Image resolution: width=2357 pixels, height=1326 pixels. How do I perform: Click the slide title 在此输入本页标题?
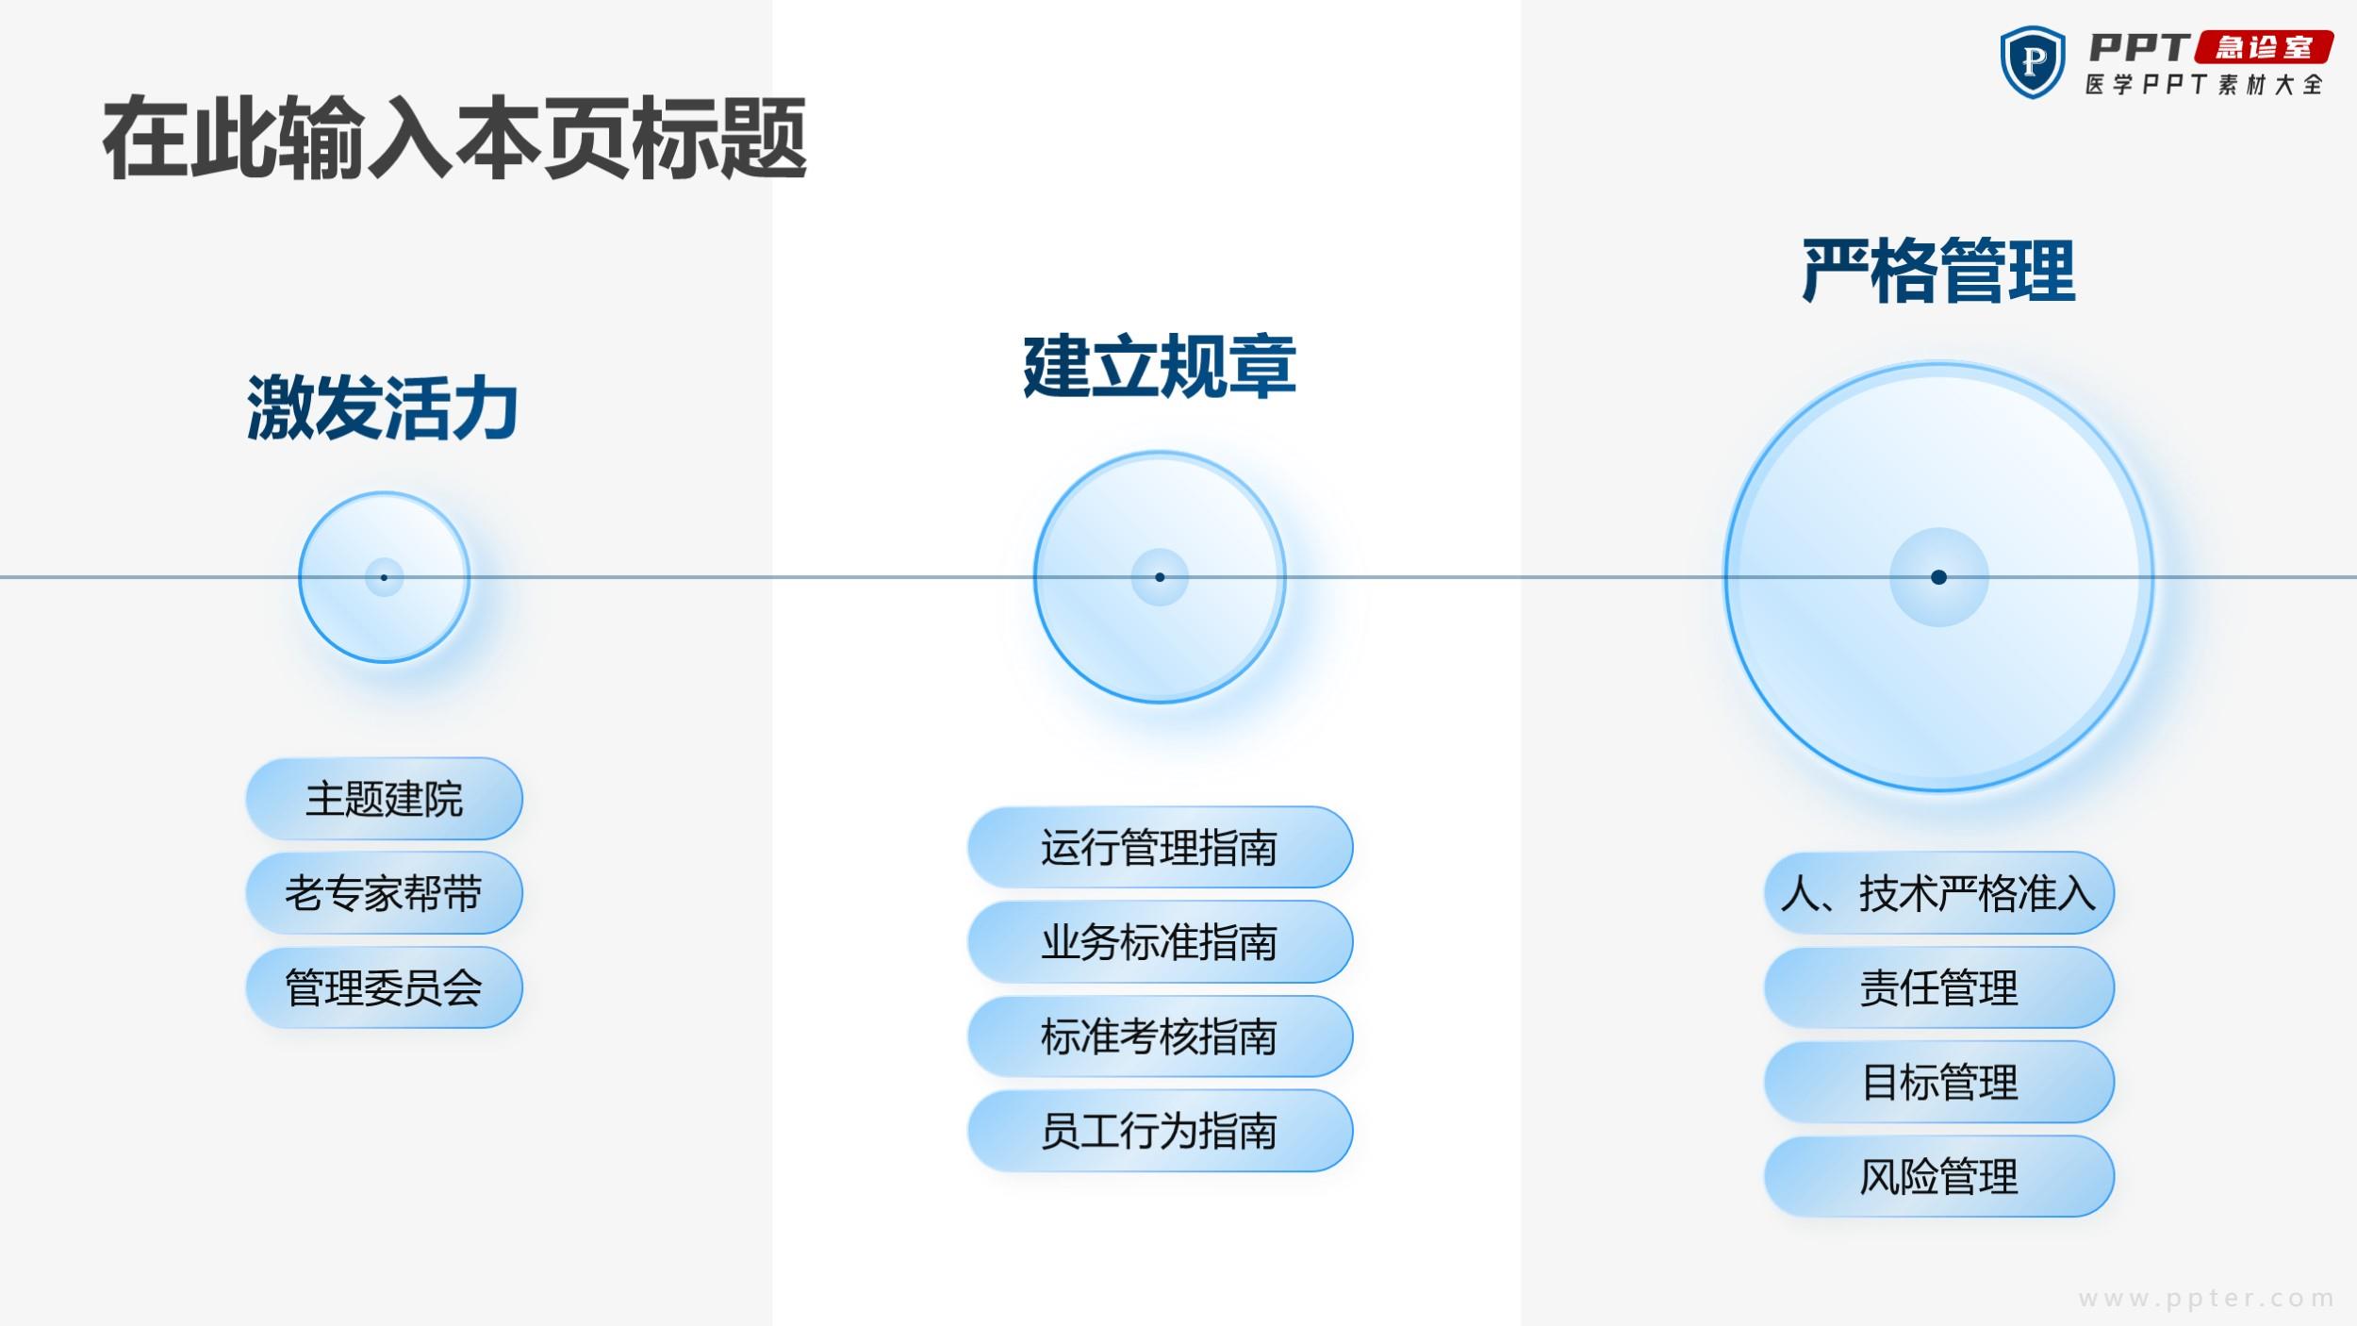click(454, 139)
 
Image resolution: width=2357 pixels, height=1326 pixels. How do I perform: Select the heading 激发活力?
click(383, 407)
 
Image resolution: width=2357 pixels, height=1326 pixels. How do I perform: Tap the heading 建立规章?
click(1160, 366)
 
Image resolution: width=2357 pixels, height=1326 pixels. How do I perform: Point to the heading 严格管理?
click(1938, 271)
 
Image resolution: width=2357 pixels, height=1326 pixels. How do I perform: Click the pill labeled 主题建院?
click(384, 799)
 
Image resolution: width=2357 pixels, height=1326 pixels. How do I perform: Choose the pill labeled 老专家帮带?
click(384, 893)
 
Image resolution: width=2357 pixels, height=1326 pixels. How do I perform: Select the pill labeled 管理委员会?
click(384, 987)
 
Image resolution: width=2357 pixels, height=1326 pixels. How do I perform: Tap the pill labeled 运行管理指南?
click(1160, 847)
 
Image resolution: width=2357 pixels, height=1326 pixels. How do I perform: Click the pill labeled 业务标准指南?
click(1160, 941)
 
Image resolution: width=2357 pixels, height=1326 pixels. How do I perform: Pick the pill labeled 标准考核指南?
click(1160, 1036)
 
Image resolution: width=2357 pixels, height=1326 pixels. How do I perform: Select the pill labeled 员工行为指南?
click(1160, 1130)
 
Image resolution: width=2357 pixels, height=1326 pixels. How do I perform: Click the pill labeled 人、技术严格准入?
click(1938, 893)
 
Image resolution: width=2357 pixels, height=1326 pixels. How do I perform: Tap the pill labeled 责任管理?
click(1938, 987)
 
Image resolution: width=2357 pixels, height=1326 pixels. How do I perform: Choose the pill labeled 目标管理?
click(1938, 1082)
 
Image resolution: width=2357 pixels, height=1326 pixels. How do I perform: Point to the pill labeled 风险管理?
click(1938, 1176)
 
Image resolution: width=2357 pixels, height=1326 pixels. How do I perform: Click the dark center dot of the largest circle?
click(1938, 577)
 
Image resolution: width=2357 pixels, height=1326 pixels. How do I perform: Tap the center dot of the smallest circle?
click(384, 577)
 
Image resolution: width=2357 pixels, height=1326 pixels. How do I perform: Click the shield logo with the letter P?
click(2032, 62)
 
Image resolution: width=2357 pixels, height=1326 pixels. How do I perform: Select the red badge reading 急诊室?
click(2264, 47)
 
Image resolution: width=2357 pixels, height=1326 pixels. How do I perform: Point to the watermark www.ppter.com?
click(2206, 1299)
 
